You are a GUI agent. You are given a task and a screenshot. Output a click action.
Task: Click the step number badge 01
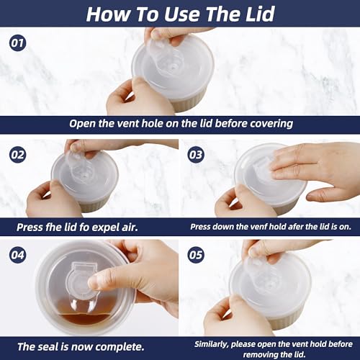coord(17,43)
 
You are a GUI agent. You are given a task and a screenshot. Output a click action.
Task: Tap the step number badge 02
coord(17,155)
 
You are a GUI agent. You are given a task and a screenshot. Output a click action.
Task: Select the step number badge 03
coord(196,155)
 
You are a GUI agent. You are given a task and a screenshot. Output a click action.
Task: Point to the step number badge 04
coord(17,255)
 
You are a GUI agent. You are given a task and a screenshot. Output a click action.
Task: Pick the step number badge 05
coord(196,255)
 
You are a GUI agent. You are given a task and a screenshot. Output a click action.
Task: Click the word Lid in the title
coord(260,14)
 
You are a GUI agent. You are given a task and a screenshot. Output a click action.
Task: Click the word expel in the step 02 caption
coord(104,228)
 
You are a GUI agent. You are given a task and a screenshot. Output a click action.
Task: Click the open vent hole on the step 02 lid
coord(84,176)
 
